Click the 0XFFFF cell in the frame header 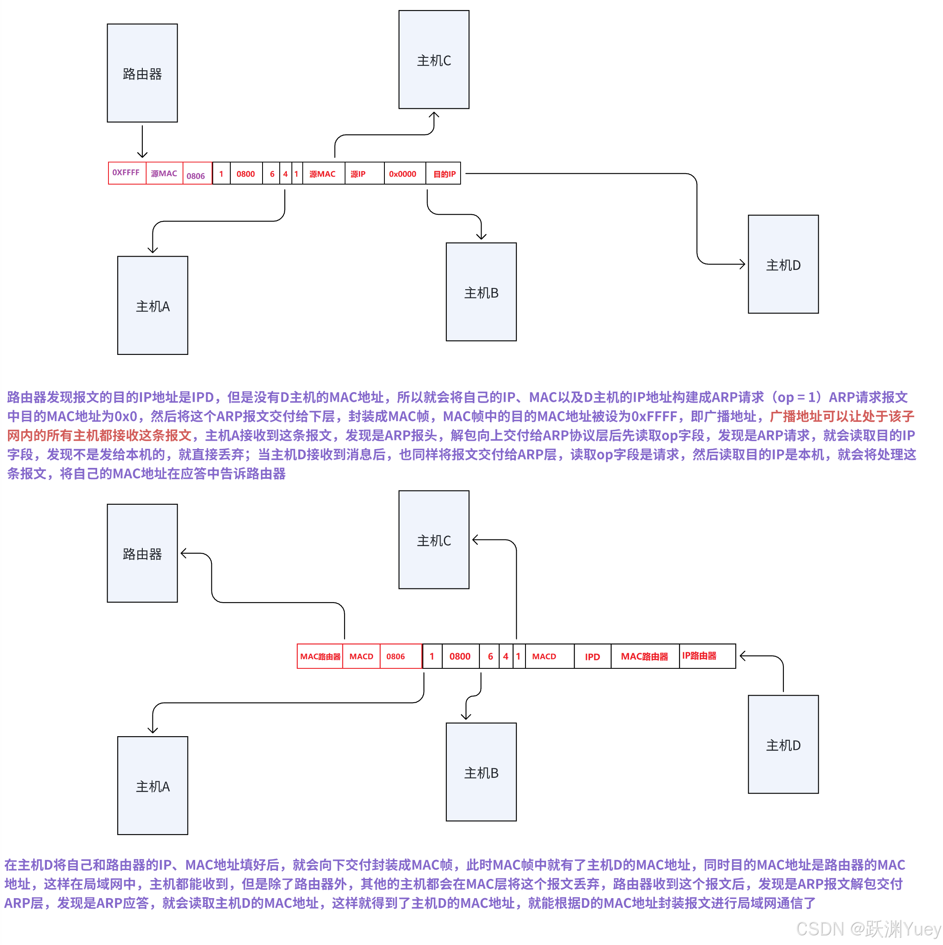[126, 173]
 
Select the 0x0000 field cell [402, 174]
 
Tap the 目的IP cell [444, 174]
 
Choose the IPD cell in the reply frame [592, 656]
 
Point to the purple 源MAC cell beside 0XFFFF [164, 173]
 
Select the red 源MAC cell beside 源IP [322, 174]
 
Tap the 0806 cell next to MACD [395, 656]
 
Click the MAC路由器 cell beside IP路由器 [644, 656]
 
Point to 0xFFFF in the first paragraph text [654, 416]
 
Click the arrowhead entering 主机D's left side [743, 264]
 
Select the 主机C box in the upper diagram [433, 60]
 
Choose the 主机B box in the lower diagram [481, 772]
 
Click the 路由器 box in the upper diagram [142, 73]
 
